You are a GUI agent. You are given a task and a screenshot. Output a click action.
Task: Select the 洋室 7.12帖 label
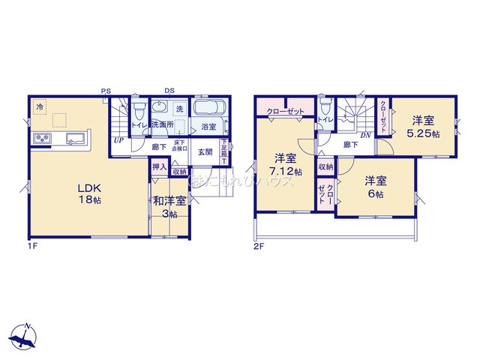tap(286, 165)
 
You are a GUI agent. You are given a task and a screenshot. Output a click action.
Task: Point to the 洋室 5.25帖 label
tap(422, 125)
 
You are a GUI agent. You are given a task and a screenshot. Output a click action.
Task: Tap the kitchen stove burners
tap(40, 139)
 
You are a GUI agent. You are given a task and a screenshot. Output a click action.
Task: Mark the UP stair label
tap(118, 139)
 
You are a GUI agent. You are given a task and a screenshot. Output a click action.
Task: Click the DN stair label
tap(366, 135)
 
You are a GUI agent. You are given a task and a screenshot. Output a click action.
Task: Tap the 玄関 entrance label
tap(205, 151)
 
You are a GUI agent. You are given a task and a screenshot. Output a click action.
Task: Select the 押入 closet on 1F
tap(158, 169)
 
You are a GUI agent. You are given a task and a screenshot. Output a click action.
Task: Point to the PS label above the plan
tap(106, 91)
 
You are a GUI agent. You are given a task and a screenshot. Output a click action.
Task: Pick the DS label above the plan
tap(169, 91)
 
